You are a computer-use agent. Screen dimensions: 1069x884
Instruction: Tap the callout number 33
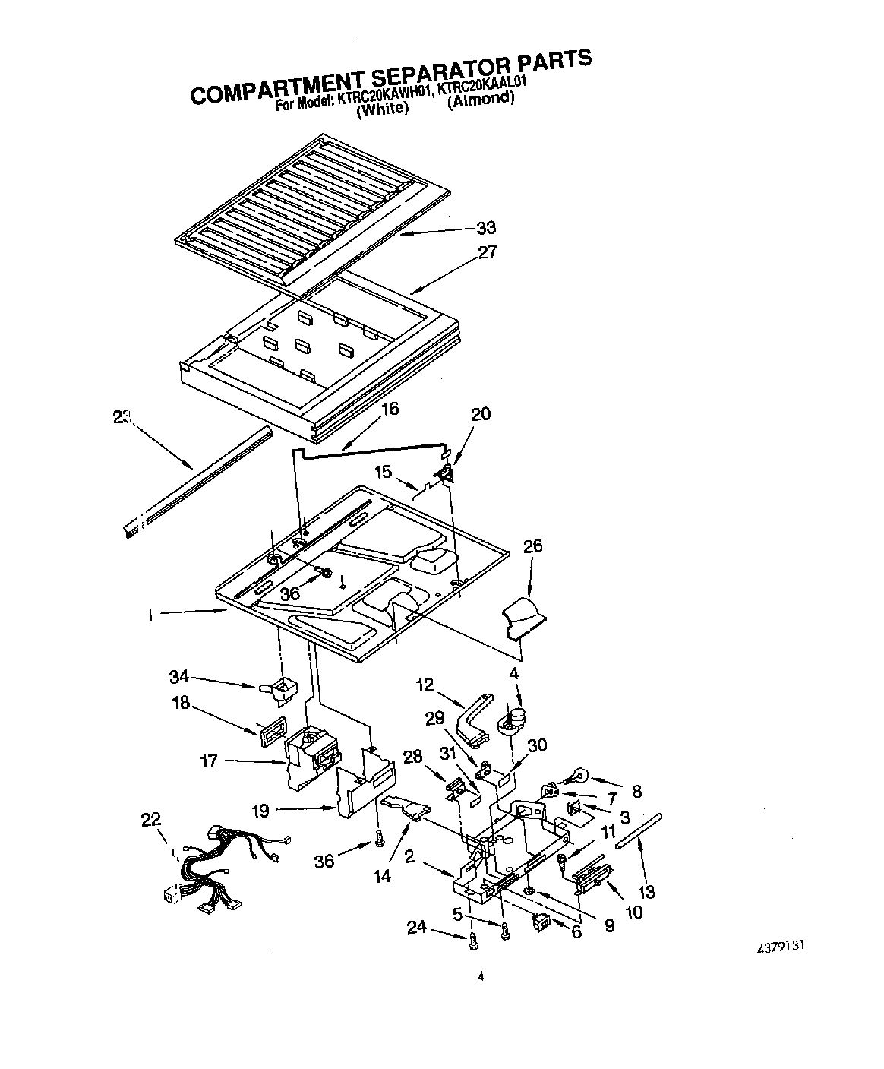pyautogui.click(x=485, y=228)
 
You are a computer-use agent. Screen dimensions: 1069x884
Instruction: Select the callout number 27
pyautogui.click(x=486, y=252)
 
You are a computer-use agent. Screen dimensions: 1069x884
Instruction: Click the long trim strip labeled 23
pyautogui.click(x=199, y=481)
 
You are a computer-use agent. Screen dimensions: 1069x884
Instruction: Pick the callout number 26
pyautogui.click(x=532, y=546)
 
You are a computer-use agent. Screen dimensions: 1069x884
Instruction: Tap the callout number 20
pyautogui.click(x=481, y=414)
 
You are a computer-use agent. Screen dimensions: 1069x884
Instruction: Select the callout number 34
pyautogui.click(x=179, y=677)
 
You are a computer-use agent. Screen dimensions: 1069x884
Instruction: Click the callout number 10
pyautogui.click(x=631, y=912)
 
